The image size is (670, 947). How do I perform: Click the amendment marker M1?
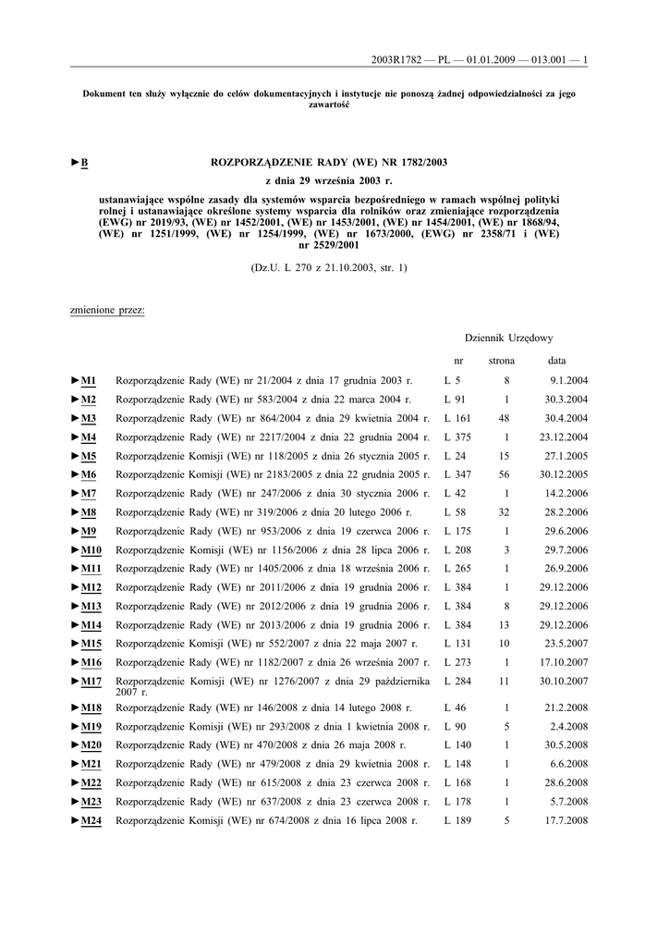point(88,380)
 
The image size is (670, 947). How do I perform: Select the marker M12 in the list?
point(91,587)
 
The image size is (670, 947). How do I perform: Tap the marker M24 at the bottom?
point(91,820)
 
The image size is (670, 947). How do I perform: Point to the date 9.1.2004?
point(568,380)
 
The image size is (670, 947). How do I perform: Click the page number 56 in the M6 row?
point(505,474)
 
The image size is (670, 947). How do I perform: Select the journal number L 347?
point(457,474)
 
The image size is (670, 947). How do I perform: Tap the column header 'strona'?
point(502,360)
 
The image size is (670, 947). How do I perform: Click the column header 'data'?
point(556,360)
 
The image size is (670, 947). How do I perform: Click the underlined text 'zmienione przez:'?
point(107,310)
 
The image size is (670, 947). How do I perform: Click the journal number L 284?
point(457,682)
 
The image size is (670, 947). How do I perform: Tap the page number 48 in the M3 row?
point(505,418)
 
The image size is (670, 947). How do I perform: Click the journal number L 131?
point(457,644)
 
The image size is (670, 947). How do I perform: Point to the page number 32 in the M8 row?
point(505,512)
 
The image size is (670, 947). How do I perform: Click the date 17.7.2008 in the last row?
point(566,820)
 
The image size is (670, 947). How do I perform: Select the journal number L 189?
point(457,820)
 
